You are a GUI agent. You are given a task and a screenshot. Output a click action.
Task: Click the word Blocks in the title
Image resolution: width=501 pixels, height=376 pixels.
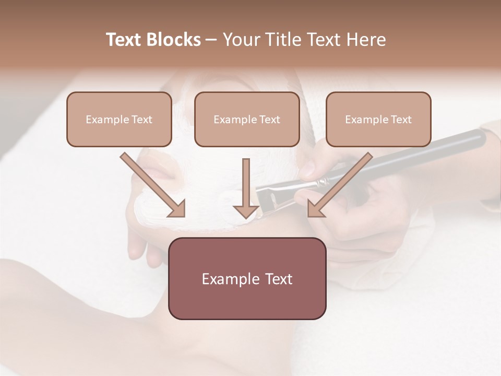175,40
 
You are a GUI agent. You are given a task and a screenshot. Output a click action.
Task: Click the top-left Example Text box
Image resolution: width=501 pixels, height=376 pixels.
119,119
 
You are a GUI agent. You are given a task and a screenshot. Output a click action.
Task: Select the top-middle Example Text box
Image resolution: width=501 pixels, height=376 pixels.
247,119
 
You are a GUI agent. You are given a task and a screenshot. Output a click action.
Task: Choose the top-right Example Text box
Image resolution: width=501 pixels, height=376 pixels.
378,119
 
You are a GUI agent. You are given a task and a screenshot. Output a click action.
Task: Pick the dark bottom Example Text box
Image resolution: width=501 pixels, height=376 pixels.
247,278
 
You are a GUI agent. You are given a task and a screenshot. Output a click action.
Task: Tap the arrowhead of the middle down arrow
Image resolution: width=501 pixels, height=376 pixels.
246,210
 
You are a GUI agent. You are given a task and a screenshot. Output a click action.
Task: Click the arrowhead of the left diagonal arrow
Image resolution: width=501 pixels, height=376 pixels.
177,208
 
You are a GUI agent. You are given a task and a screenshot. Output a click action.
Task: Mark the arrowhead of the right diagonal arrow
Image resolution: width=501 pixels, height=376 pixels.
316,208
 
